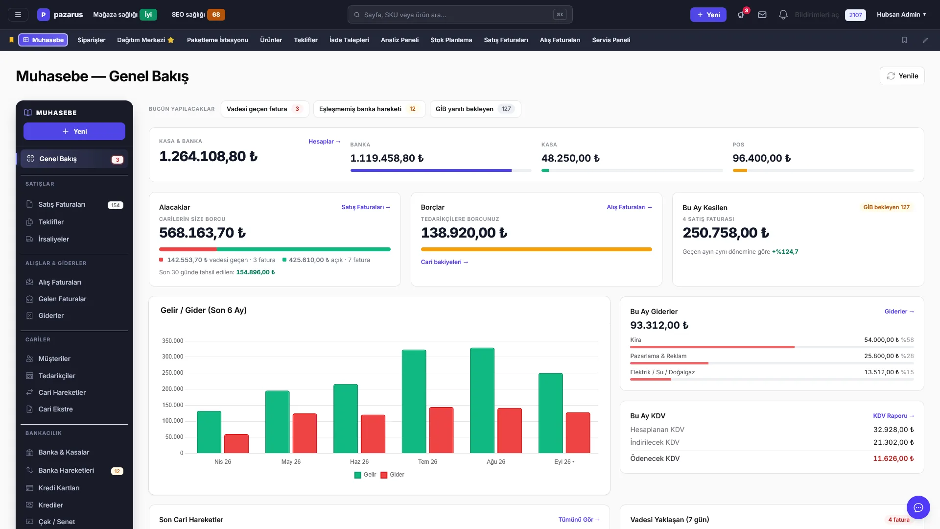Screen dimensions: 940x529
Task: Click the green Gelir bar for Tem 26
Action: click(x=414, y=401)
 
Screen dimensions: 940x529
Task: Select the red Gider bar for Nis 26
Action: click(x=236, y=443)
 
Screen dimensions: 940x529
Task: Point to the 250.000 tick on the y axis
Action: click(x=172, y=373)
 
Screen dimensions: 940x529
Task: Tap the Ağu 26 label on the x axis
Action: click(x=496, y=462)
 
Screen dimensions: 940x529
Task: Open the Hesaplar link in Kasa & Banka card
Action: click(x=324, y=142)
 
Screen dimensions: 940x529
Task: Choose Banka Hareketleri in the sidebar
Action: click(x=66, y=470)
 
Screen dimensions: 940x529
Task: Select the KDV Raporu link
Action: click(x=893, y=416)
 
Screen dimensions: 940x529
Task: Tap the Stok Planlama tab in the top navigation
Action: click(x=451, y=40)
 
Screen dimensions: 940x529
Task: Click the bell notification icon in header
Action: click(x=783, y=15)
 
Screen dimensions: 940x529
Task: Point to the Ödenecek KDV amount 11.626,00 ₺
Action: click(x=893, y=458)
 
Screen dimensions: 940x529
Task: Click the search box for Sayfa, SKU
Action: click(x=460, y=15)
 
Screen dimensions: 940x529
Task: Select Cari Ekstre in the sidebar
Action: click(x=55, y=409)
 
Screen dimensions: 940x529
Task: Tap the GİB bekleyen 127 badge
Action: click(x=886, y=207)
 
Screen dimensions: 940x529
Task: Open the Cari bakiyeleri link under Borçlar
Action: click(x=445, y=262)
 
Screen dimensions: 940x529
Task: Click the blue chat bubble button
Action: click(x=918, y=507)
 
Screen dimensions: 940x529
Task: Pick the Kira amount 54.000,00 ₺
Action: click(x=881, y=340)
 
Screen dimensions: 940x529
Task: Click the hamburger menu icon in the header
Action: click(x=18, y=15)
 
